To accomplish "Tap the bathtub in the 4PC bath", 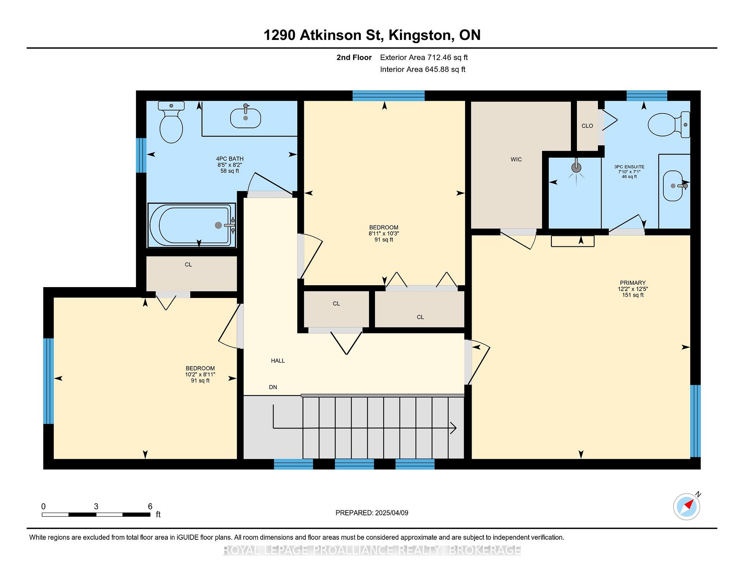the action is (x=191, y=225).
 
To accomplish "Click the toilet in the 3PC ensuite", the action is (x=669, y=124).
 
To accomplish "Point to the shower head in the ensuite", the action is (x=577, y=168).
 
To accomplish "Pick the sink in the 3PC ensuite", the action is (x=674, y=186).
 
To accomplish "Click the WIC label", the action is (x=516, y=159).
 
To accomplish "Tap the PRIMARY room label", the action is (x=632, y=283).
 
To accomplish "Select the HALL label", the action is (x=278, y=361).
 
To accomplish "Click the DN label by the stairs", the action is (x=273, y=387).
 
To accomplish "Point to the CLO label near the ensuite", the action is (x=587, y=126).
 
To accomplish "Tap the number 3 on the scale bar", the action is (x=96, y=506).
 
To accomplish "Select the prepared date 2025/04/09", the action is (x=391, y=513).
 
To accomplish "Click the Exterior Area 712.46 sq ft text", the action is (x=424, y=58).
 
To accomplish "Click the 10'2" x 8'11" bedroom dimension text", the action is (x=200, y=375).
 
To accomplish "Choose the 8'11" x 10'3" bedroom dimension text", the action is (x=384, y=234).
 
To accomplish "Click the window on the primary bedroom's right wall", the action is (x=696, y=421).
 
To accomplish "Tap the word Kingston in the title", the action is (x=421, y=35).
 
